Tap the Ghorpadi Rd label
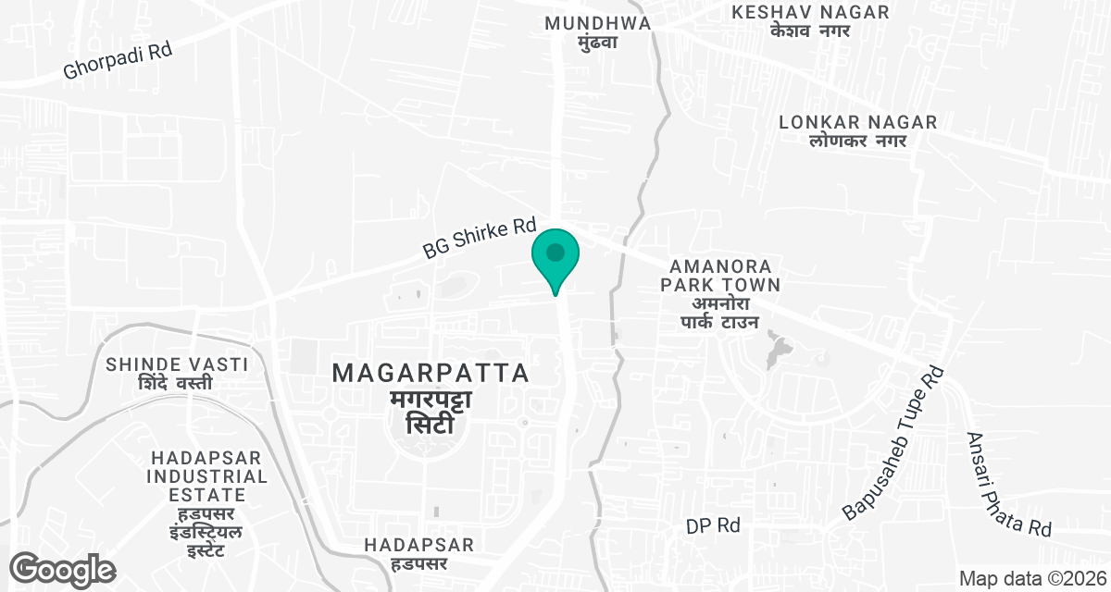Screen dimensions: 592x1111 point(119,61)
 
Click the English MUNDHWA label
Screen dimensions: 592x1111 point(597,23)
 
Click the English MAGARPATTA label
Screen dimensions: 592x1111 point(431,374)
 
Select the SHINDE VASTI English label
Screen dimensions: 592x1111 point(177,364)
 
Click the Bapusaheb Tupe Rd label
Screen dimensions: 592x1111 point(893,443)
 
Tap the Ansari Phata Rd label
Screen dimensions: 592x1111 point(1008,485)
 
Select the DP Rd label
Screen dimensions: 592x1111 point(714,525)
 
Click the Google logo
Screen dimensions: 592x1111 point(63,569)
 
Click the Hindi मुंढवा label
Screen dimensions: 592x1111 point(597,43)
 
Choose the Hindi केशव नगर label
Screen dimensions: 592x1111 point(810,31)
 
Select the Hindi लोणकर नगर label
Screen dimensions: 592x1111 point(843,141)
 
